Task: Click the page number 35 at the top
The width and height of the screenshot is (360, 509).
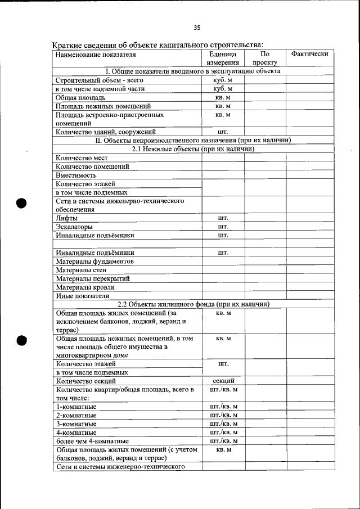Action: pyautogui.click(x=197, y=28)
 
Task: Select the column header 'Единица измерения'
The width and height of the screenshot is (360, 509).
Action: pyautogui.click(x=223, y=58)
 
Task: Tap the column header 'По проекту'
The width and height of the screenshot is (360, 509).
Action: pyautogui.click(x=265, y=58)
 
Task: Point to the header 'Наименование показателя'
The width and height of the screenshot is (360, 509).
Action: pyautogui.click(x=96, y=55)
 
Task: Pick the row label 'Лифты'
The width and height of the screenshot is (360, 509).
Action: pyautogui.click(x=67, y=218)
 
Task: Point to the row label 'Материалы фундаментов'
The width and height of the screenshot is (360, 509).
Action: pyautogui.click(x=94, y=262)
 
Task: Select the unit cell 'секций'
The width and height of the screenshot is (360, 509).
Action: pyautogui.click(x=223, y=381)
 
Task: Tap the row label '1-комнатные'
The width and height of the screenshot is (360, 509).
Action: pyautogui.click(x=76, y=406)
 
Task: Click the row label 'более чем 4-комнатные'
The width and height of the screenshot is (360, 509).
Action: pyautogui.click(x=92, y=441)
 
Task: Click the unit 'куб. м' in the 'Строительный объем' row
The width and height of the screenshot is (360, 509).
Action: pyautogui.click(x=223, y=80)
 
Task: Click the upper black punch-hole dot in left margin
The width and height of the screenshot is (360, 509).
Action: pyautogui.click(x=22, y=203)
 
